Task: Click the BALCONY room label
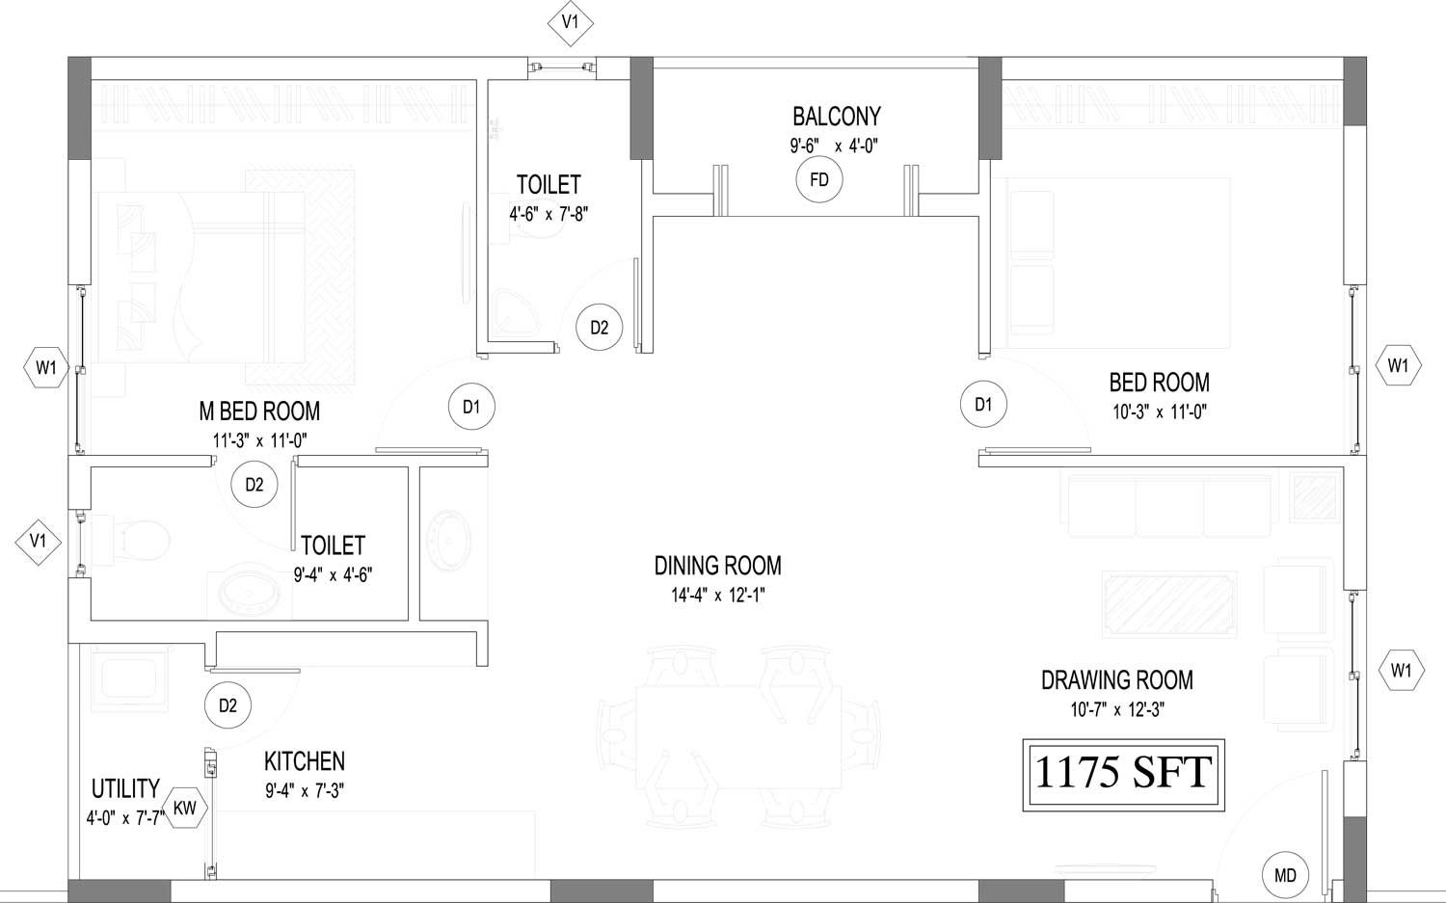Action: tap(837, 117)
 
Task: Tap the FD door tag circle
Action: tap(819, 179)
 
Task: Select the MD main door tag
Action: tap(1285, 876)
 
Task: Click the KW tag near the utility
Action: tap(185, 809)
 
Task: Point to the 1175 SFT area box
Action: tap(1124, 775)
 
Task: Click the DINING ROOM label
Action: tap(718, 566)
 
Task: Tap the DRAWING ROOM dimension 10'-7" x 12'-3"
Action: tap(1117, 710)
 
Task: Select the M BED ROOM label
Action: tap(259, 412)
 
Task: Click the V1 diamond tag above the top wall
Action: tap(570, 22)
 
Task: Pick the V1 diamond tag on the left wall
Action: tap(39, 542)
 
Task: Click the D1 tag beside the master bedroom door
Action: tap(472, 407)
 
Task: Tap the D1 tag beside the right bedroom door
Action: tap(983, 405)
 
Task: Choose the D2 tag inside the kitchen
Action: tap(228, 705)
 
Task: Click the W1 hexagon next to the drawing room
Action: tap(1402, 671)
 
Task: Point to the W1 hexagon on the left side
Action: tap(46, 368)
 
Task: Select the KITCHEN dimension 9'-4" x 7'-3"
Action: tap(305, 790)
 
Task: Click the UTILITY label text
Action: tap(125, 788)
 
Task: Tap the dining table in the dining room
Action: tap(738, 736)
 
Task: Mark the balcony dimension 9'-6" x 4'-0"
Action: tap(834, 146)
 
